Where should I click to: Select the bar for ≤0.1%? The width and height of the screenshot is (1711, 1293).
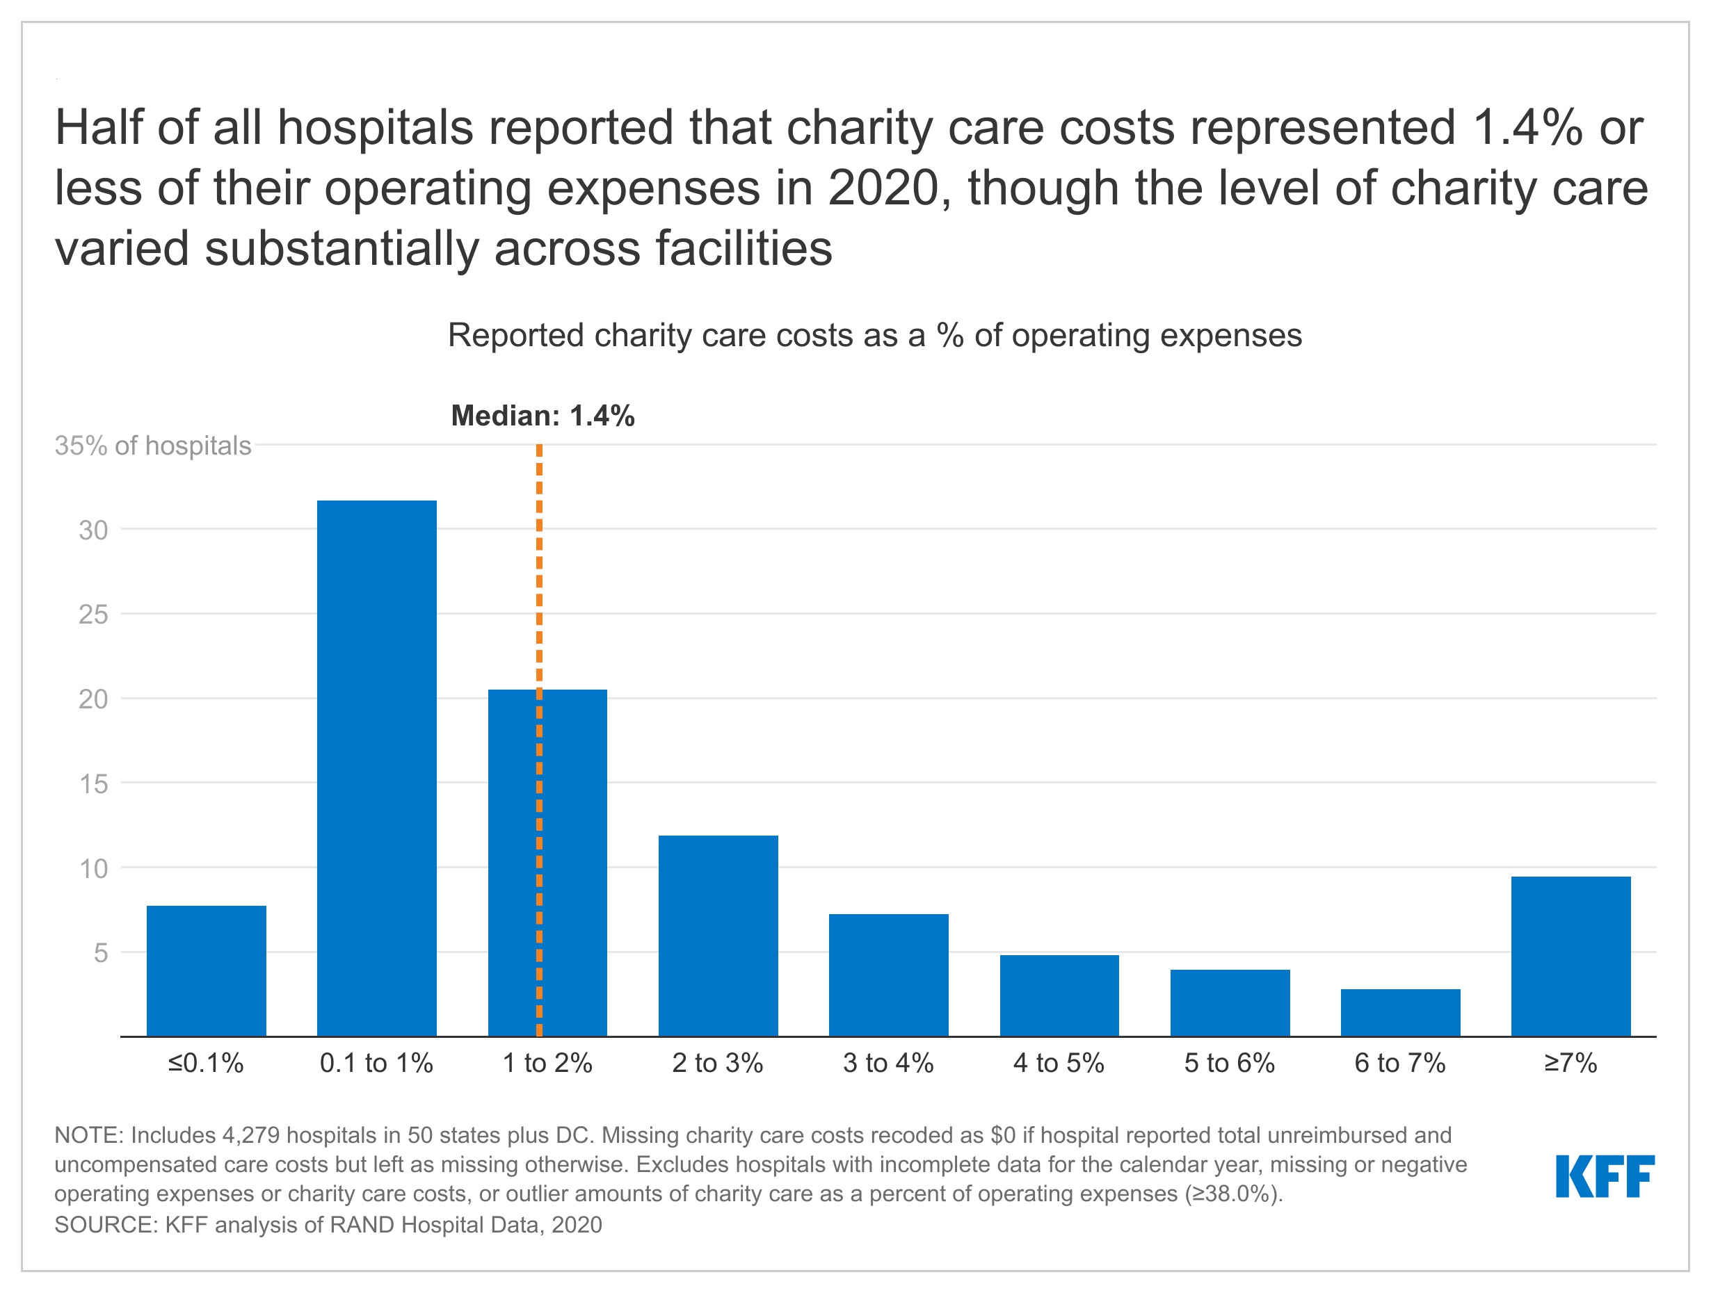(207, 970)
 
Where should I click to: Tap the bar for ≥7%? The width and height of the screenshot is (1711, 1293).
(1571, 956)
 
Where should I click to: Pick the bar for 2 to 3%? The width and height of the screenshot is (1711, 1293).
(718, 936)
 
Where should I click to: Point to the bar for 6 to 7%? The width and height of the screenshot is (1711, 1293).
(1400, 1012)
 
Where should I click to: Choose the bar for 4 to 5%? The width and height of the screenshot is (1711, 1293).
(1059, 995)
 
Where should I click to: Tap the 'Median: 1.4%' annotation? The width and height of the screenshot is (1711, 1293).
(543, 416)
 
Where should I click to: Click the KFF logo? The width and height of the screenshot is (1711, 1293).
(1605, 1176)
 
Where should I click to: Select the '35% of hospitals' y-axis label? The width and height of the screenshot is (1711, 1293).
(152, 446)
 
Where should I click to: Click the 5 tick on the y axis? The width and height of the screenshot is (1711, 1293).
(101, 953)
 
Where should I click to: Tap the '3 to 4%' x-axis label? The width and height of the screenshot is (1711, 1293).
(888, 1064)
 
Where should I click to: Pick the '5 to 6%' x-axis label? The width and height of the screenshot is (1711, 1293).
(1229, 1064)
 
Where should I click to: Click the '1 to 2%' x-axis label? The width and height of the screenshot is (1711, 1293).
(547, 1064)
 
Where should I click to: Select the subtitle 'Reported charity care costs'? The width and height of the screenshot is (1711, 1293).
(874, 336)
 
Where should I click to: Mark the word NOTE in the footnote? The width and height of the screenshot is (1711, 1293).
(87, 1135)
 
